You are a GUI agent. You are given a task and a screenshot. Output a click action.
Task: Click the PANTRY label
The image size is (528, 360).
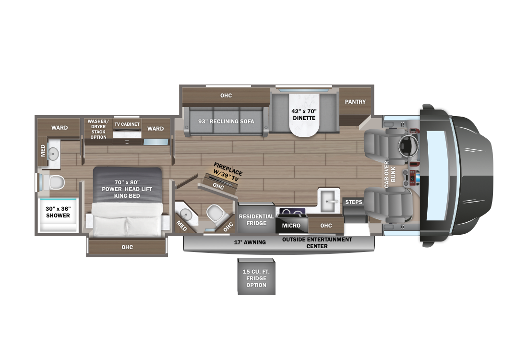pyautogui.click(x=355, y=102)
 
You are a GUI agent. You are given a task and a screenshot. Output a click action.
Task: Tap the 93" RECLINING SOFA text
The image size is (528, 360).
pyautogui.click(x=226, y=121)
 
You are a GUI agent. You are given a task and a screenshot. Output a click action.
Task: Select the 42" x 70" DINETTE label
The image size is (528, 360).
pyautogui.click(x=303, y=114)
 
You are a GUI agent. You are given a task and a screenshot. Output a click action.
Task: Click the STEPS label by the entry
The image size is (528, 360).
pyautogui.click(x=354, y=202)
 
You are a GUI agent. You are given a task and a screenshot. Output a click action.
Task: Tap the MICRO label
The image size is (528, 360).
pyautogui.click(x=291, y=226)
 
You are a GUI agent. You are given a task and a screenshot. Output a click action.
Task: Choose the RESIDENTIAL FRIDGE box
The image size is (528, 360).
pyautogui.click(x=256, y=219)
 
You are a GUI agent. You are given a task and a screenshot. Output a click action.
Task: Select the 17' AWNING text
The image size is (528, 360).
pyautogui.click(x=250, y=242)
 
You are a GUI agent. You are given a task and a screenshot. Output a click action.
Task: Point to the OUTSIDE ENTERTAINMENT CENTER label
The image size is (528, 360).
pyautogui.click(x=317, y=243)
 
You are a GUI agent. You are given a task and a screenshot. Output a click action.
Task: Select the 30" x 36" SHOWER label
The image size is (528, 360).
pyautogui.click(x=58, y=212)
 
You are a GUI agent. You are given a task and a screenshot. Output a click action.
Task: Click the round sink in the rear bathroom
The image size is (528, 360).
pyautogui.click(x=53, y=154)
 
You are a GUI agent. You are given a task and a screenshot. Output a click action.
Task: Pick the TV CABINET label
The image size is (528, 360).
pyautogui.click(x=127, y=124)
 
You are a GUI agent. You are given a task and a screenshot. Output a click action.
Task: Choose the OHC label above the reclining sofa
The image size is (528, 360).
pyautogui.click(x=226, y=96)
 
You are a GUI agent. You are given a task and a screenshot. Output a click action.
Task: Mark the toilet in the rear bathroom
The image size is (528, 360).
pyautogui.click(x=57, y=183)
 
